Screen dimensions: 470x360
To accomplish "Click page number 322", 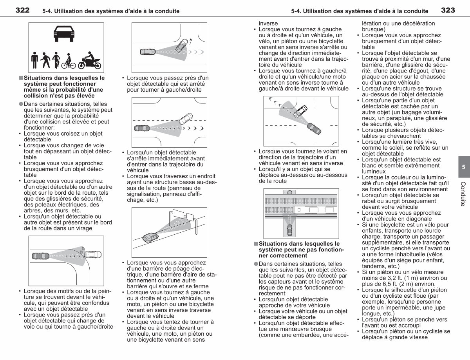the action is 22,10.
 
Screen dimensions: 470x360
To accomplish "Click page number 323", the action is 448,10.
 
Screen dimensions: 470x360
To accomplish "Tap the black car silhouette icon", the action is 64,34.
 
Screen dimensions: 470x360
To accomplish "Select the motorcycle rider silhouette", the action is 90,60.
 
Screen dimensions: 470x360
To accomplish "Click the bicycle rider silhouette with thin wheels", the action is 69,61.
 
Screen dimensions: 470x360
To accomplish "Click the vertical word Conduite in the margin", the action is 463,194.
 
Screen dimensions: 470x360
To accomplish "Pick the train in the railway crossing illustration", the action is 315,210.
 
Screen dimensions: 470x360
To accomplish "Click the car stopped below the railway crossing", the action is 289,230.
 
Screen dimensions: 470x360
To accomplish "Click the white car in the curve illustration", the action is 93,255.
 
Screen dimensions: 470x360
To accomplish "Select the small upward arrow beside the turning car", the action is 191,41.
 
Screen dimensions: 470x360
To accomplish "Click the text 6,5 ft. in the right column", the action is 381,284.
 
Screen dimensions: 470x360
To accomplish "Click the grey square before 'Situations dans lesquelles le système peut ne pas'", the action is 256,244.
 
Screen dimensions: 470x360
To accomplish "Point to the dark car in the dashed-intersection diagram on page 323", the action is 314,128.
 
